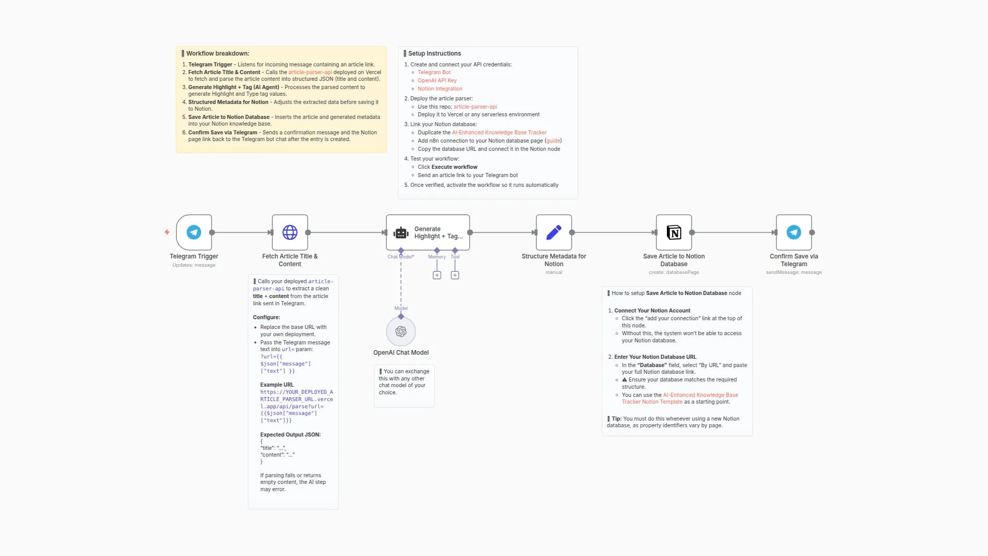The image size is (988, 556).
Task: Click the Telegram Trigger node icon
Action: click(194, 232)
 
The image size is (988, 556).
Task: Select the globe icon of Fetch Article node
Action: click(290, 232)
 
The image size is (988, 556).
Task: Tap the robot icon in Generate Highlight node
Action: click(401, 233)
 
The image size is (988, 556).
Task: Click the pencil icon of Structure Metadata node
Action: click(554, 232)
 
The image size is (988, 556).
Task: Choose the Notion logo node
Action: click(674, 232)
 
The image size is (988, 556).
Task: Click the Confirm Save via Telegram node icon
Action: click(793, 232)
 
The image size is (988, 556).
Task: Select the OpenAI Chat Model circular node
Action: click(401, 332)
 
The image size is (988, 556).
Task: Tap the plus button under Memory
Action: click(437, 275)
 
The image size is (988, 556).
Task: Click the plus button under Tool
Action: click(455, 275)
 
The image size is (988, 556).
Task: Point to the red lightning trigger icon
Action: click(167, 232)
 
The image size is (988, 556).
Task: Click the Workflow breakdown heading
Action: click(217, 54)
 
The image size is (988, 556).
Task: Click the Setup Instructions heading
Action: click(434, 54)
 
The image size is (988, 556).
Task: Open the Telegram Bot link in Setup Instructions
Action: click(434, 73)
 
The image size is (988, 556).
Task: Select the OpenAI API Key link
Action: click(437, 81)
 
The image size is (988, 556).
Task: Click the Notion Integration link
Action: click(439, 89)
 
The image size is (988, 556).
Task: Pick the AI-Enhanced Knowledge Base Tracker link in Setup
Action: click(499, 133)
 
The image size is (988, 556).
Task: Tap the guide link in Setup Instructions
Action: click(553, 141)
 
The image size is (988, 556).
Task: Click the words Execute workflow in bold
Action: click(454, 167)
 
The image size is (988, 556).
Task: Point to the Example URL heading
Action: click(277, 385)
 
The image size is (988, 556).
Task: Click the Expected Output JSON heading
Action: click(290, 435)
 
